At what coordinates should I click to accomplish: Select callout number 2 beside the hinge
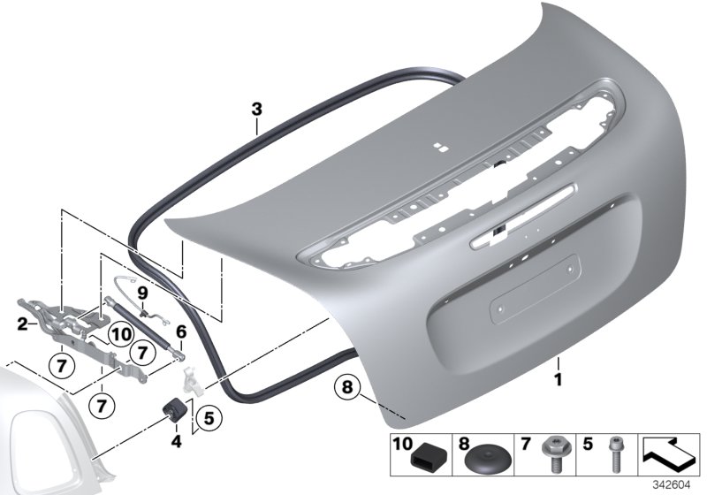click(x=23, y=324)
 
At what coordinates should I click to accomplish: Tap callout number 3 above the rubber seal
click(x=256, y=110)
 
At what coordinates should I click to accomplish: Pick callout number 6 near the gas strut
click(x=181, y=331)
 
